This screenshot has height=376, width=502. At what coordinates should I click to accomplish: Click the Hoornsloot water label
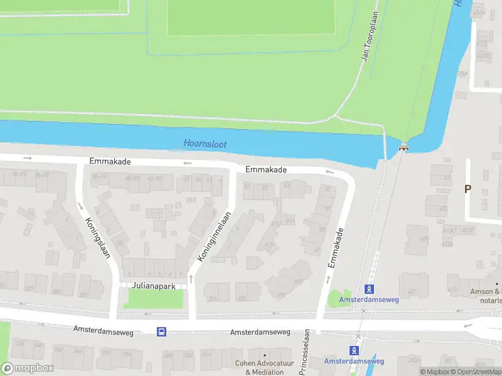pyautogui.click(x=205, y=144)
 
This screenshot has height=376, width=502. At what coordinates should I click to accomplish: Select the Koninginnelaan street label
pyautogui.click(x=215, y=236)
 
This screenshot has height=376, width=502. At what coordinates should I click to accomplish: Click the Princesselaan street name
pyautogui.click(x=304, y=352)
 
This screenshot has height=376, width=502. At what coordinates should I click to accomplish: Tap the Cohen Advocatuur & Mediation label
pyautogui.click(x=264, y=367)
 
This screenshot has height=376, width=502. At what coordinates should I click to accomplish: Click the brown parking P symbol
pyautogui.click(x=467, y=189)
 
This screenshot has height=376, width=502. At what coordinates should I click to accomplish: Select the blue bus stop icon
pyautogui.click(x=161, y=332)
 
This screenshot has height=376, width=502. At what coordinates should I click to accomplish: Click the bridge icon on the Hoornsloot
pyautogui.click(x=404, y=149)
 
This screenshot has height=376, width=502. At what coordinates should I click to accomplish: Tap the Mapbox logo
pyautogui.click(x=27, y=368)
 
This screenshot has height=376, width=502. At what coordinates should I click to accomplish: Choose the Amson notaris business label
pyautogui.click(x=486, y=296)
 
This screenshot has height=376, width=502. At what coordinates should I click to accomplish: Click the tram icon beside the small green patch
pyautogui.click(x=370, y=289)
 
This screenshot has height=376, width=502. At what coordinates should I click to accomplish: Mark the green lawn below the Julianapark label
pyautogui.click(x=154, y=299)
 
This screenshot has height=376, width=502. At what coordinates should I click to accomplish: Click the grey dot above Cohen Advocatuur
pyautogui.click(x=264, y=355)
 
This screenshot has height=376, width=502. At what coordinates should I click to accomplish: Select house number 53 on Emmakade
pyautogui.click(x=287, y=185)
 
